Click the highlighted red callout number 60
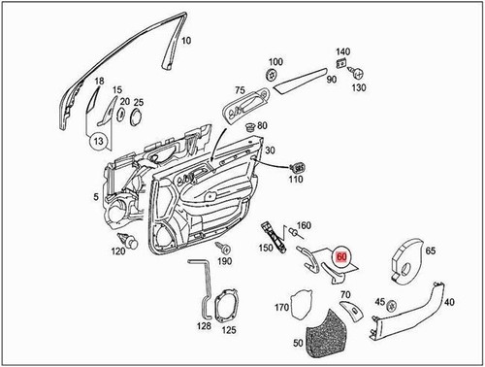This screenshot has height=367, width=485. pyautogui.click(x=341, y=257)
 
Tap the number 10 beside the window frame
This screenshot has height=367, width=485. pyautogui.click(x=186, y=41)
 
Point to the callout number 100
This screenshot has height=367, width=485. pyautogui.click(x=275, y=61)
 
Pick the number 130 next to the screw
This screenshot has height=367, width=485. pyautogui.click(x=361, y=88)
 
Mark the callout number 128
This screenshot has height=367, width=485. pyautogui.click(x=204, y=327)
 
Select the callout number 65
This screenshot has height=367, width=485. pyautogui.click(x=430, y=250)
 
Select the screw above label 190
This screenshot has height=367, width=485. pyautogui.click(x=221, y=248)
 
